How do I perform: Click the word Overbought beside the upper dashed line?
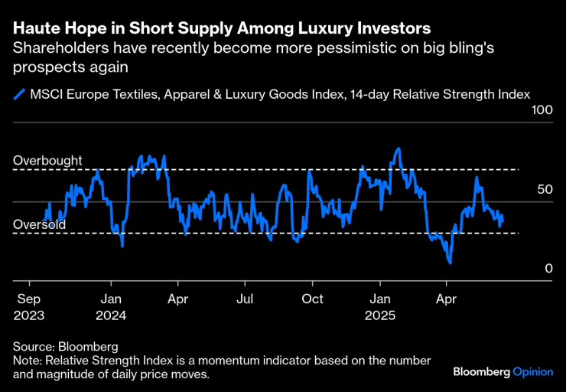point(47,162)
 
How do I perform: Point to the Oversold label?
point(40,225)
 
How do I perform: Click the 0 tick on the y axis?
point(548,269)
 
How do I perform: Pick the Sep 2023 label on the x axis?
point(30,307)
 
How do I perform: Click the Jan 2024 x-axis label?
point(112,307)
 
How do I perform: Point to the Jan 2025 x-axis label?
point(381,307)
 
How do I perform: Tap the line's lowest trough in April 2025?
point(451,263)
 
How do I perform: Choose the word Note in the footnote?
point(27,361)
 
